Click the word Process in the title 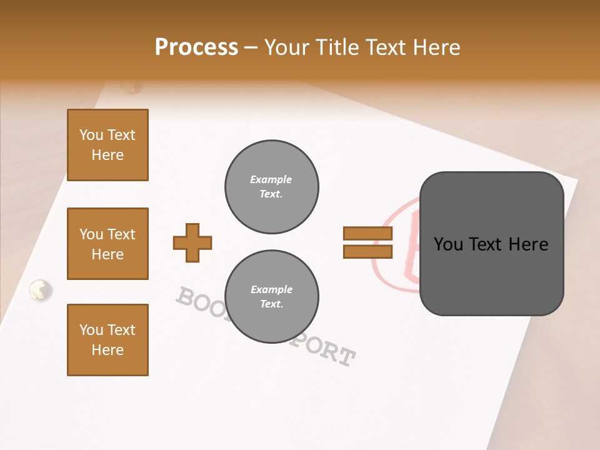196,47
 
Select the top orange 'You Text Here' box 107,145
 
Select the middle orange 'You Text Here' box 107,244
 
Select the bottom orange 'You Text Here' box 107,340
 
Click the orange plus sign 192,242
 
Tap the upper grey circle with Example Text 272,187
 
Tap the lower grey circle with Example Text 272,297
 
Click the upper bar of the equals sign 367,234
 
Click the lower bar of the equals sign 367,252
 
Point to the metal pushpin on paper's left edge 41,290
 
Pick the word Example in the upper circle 271,179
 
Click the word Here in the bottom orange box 107,350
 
